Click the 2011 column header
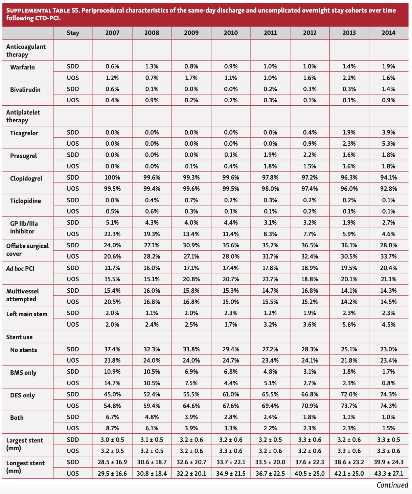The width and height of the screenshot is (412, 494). coord(270,33)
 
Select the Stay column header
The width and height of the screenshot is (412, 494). coord(73,33)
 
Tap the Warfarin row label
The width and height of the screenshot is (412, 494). coord(22,67)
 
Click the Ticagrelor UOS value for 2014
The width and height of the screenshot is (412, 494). coord(388,144)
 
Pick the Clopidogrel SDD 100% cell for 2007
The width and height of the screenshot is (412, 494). coord(112,178)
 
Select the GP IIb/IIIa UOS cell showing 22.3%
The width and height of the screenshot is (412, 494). coord(112,234)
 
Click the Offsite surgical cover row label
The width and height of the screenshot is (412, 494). coord(27,250)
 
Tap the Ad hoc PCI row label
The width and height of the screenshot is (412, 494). coord(20,269)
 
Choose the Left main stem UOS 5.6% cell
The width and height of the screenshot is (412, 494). coord(349,324)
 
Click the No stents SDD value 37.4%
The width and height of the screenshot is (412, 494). coord(112,349)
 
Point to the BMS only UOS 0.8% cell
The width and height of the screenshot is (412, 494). coord(388,383)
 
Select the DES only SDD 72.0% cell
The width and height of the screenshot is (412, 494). coord(349,394)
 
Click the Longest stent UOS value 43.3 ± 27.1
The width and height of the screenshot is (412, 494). coord(388,473)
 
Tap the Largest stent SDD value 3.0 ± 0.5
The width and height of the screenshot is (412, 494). coord(112,440)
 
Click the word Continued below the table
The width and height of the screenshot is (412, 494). coord(392,485)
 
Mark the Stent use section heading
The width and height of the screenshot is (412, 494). coord(19,337)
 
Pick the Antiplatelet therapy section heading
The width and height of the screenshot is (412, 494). coord(23,116)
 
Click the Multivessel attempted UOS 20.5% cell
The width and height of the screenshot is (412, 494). coord(112,302)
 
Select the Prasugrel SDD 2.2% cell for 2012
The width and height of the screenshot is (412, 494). coord(310,155)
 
